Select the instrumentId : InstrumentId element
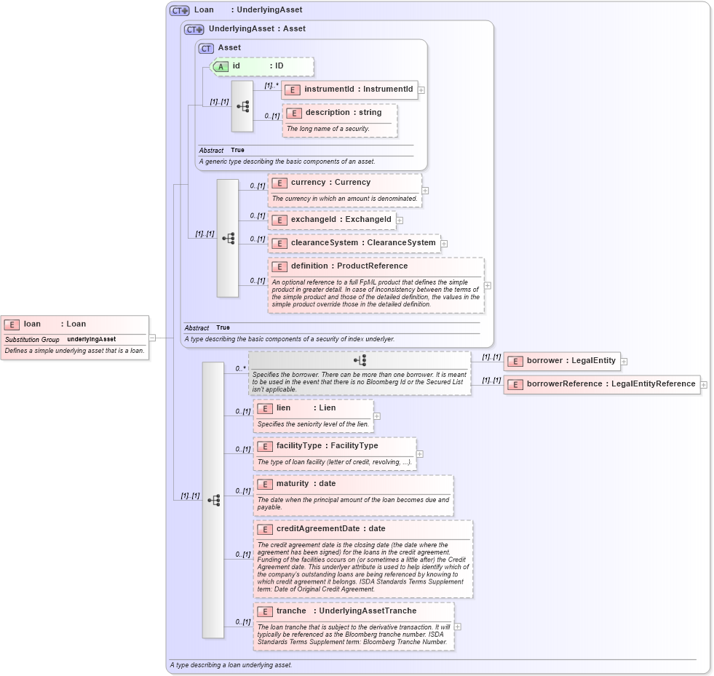pos(350,90)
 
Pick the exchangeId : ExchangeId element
pos(331,220)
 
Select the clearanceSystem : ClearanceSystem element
pos(354,243)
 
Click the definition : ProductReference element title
pos(349,266)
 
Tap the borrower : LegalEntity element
pos(561,361)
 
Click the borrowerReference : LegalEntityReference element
pos(601,384)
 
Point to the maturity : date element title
pos(306,484)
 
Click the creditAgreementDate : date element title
pos(330,529)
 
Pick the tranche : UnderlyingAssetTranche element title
pos(346,611)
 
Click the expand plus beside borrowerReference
pos(704,385)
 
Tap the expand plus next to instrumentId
pos(421,90)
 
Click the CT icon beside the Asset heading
pos(207,48)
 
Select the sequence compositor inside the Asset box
pos(242,106)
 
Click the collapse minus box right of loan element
pos(153,338)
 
